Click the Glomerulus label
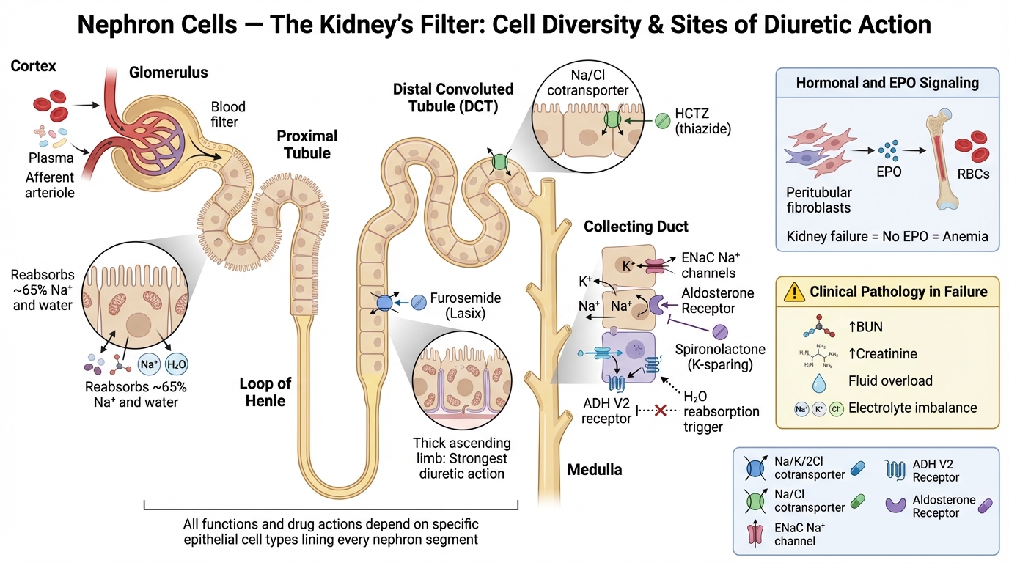click(169, 73)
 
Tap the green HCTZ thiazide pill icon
click(662, 119)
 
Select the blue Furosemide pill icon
click(419, 301)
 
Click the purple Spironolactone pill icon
click(720, 332)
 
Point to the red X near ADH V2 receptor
click(660, 411)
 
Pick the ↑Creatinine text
click(882, 354)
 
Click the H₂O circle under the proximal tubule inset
click(177, 364)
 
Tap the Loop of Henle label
click(265, 392)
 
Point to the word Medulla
click(595, 469)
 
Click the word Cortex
click(33, 67)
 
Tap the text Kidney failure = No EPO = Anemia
click(887, 237)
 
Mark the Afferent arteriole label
click(50, 185)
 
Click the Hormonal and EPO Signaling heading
click(887, 83)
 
